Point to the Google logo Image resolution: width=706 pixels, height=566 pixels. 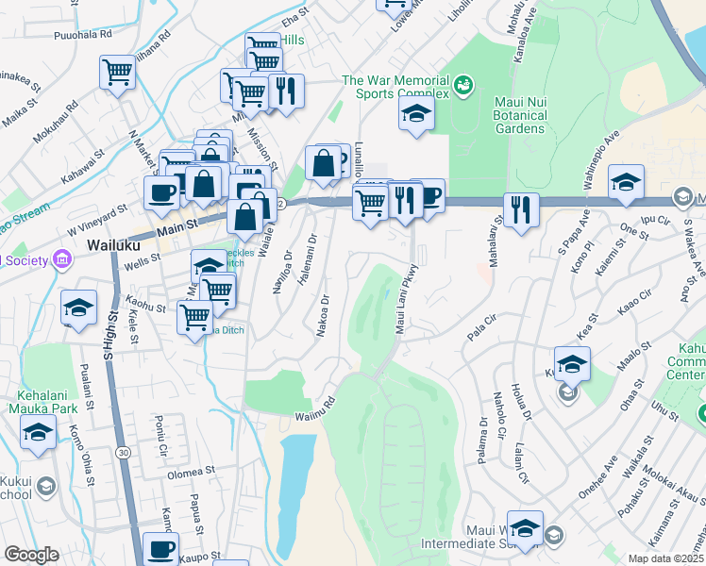pos(31,555)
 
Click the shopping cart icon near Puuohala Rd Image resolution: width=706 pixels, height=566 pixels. pos(117,72)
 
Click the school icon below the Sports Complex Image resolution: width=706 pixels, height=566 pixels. pos(416,116)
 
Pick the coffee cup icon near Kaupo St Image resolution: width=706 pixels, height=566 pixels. pos(160,549)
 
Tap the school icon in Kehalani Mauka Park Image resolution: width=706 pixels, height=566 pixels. pos(39,433)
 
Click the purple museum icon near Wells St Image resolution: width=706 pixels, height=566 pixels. pos(62,258)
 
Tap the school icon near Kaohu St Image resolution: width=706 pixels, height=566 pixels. pos(79,306)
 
